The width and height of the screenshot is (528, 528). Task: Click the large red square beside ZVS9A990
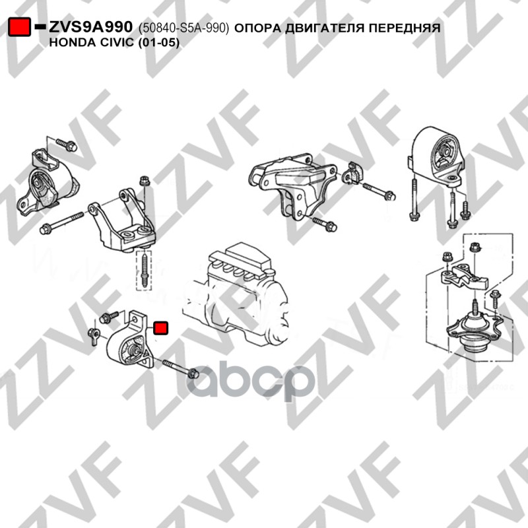[19, 26]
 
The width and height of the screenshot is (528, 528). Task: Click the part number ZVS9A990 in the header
[91, 27]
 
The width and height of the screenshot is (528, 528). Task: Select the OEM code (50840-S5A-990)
[184, 28]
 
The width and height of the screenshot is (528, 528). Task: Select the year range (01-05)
[159, 43]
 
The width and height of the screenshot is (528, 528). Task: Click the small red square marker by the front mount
[160, 328]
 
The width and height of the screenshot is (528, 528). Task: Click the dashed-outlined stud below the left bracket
[144, 271]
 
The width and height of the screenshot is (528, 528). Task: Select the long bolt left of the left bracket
[61, 222]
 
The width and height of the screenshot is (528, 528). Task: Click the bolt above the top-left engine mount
[67, 145]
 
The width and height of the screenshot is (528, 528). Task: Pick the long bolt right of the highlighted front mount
[180, 369]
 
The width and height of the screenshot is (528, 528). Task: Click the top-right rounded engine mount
[436, 157]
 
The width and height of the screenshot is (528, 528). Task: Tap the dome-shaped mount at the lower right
[473, 333]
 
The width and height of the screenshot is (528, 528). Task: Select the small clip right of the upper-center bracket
[352, 173]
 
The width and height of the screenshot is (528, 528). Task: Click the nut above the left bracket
[145, 181]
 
